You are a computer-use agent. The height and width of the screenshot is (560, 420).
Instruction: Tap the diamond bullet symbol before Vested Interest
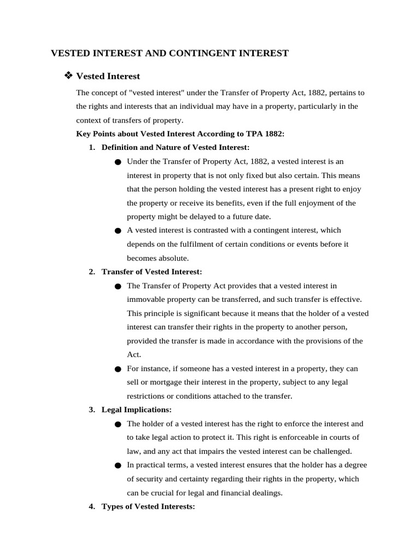69,75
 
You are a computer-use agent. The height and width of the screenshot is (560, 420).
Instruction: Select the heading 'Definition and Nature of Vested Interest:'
176,148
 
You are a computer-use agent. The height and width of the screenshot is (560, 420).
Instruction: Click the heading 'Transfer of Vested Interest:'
152,272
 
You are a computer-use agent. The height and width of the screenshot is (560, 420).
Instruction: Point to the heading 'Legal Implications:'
137,410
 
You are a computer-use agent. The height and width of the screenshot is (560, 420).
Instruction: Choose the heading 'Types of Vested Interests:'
148,507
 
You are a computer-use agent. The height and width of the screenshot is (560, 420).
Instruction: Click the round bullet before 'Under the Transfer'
118,162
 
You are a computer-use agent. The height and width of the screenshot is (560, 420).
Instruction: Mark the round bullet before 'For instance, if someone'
118,369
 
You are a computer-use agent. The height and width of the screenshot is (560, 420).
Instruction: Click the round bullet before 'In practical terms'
118,465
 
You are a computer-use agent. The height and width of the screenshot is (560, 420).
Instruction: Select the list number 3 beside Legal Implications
91,410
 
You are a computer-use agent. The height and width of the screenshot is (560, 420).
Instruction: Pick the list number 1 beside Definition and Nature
91,148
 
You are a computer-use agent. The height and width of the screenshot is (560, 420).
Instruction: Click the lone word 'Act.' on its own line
133,354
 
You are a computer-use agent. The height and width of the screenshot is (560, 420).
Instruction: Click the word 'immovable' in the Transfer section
145,299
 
